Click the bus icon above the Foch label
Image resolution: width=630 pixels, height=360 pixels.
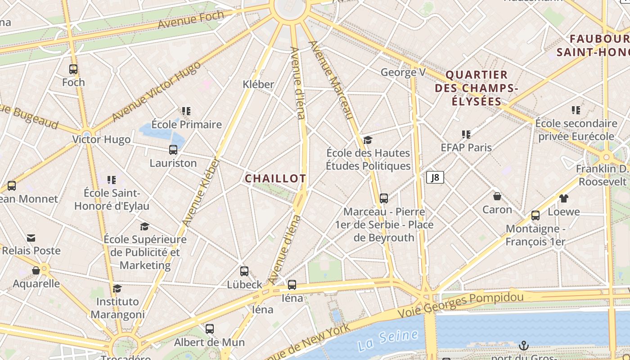point(73,69)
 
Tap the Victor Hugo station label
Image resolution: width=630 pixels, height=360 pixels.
point(102,139)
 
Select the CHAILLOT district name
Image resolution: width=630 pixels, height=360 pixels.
point(275,179)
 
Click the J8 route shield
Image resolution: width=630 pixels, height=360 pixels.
point(435,177)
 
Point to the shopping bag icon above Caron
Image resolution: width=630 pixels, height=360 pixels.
point(497,196)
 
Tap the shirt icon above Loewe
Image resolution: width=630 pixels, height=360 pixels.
point(563,198)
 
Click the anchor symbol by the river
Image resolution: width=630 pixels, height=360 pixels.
point(523,346)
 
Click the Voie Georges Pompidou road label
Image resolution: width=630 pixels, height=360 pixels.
point(461,305)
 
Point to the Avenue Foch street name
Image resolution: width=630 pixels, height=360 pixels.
point(191,20)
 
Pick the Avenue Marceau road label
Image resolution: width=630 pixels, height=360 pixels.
point(330,80)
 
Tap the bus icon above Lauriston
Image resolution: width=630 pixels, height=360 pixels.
point(173,150)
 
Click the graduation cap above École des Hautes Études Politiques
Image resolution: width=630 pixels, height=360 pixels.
point(368,140)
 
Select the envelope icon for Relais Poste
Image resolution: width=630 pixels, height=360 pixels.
point(31,238)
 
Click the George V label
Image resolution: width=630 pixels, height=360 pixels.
point(403,72)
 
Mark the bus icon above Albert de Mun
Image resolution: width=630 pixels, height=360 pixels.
point(210,329)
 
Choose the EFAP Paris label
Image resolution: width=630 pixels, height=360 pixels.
point(466,148)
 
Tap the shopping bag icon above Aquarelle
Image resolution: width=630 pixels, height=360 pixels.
point(36,270)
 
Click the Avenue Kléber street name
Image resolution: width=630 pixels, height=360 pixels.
point(201,192)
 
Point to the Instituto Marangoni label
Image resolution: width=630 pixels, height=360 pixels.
point(117,308)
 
